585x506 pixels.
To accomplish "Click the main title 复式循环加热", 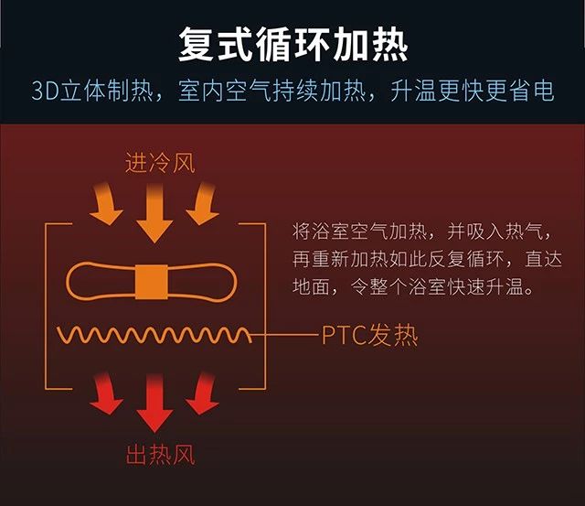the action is coord(293,45).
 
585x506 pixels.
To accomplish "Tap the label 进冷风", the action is coord(160,163).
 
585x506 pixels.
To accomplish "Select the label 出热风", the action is coord(161,454).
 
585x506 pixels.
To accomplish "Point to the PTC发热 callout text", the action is coord(369,335).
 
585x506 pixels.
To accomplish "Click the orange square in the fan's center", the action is coord(151,282).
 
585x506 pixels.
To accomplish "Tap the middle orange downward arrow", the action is coord(154,213).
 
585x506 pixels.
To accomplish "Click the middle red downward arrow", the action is coord(154,403).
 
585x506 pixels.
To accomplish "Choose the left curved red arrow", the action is coord(105,393).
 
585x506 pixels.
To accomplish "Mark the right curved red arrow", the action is coord(203,393).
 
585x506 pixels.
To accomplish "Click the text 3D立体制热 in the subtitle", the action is coord(92,91).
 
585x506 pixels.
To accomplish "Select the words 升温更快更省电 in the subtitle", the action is coord(473,91).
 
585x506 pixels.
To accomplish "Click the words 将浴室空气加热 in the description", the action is coord(359,231).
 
